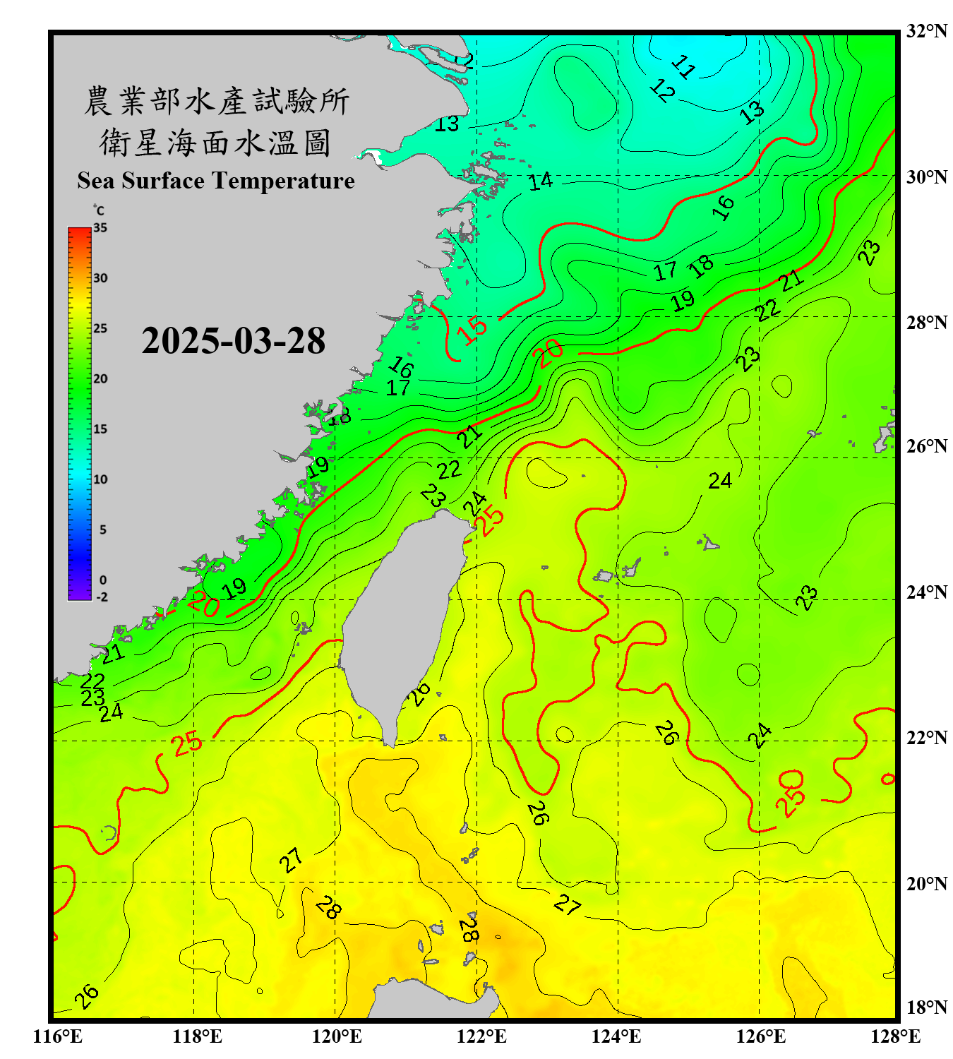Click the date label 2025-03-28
233,340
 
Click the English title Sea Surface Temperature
215,181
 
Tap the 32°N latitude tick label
926,31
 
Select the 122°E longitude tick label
481,1036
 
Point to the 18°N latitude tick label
926,1007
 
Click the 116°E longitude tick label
58,1036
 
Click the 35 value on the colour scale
100,228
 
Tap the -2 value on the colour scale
102,597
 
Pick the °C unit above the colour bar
98,210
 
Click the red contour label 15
472,328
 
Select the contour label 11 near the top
683,66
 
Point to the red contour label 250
791,794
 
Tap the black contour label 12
662,90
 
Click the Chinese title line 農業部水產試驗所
216,101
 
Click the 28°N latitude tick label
926,323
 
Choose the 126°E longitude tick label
760,1036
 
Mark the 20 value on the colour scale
100,379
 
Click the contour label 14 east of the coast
540,181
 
